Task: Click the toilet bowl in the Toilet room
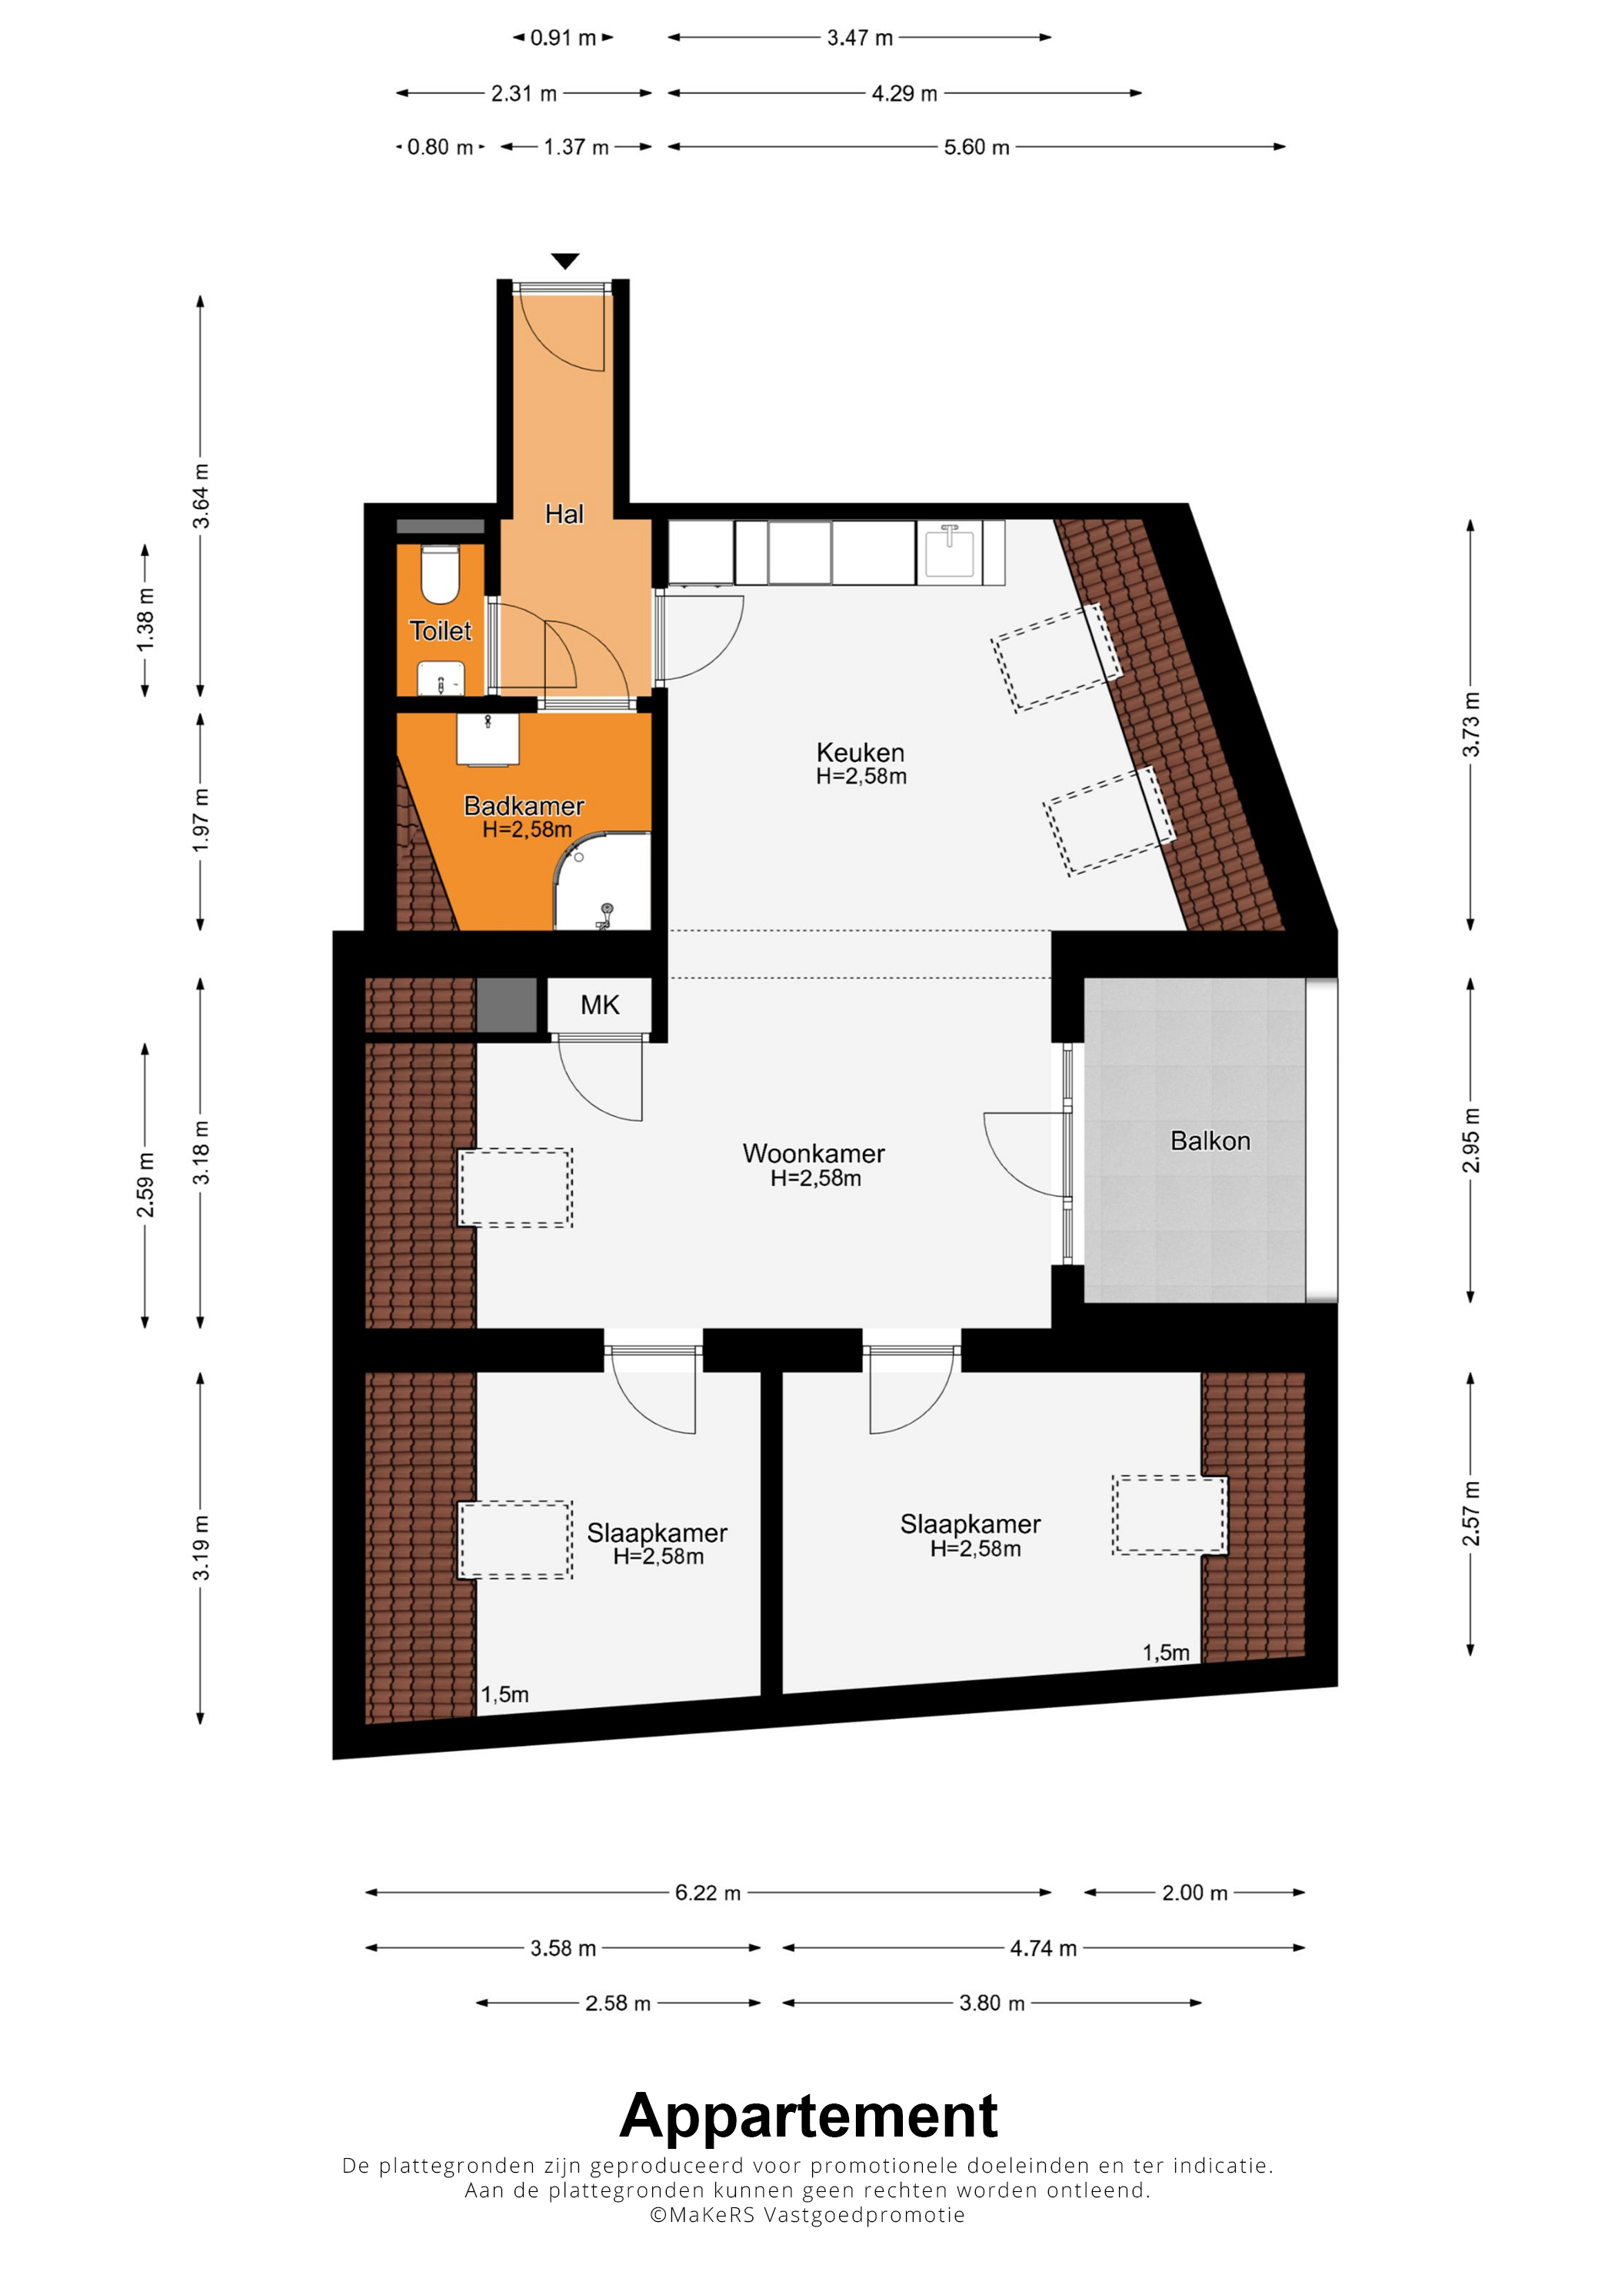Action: (439, 575)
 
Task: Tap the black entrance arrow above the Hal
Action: (565, 261)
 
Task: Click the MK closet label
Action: (600, 1005)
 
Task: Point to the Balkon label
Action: (1210, 1141)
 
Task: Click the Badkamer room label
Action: (524, 805)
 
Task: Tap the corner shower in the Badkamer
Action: (602, 881)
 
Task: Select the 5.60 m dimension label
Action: (976, 148)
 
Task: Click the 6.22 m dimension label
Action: (708, 1892)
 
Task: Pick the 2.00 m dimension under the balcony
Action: (1194, 1892)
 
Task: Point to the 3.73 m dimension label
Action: (1470, 724)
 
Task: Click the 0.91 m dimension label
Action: (563, 38)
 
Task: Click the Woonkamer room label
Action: (813, 1154)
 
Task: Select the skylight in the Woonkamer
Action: (515, 1187)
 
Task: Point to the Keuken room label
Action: (860, 752)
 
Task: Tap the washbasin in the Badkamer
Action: (488, 738)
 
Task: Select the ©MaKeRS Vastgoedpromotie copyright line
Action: (807, 2214)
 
